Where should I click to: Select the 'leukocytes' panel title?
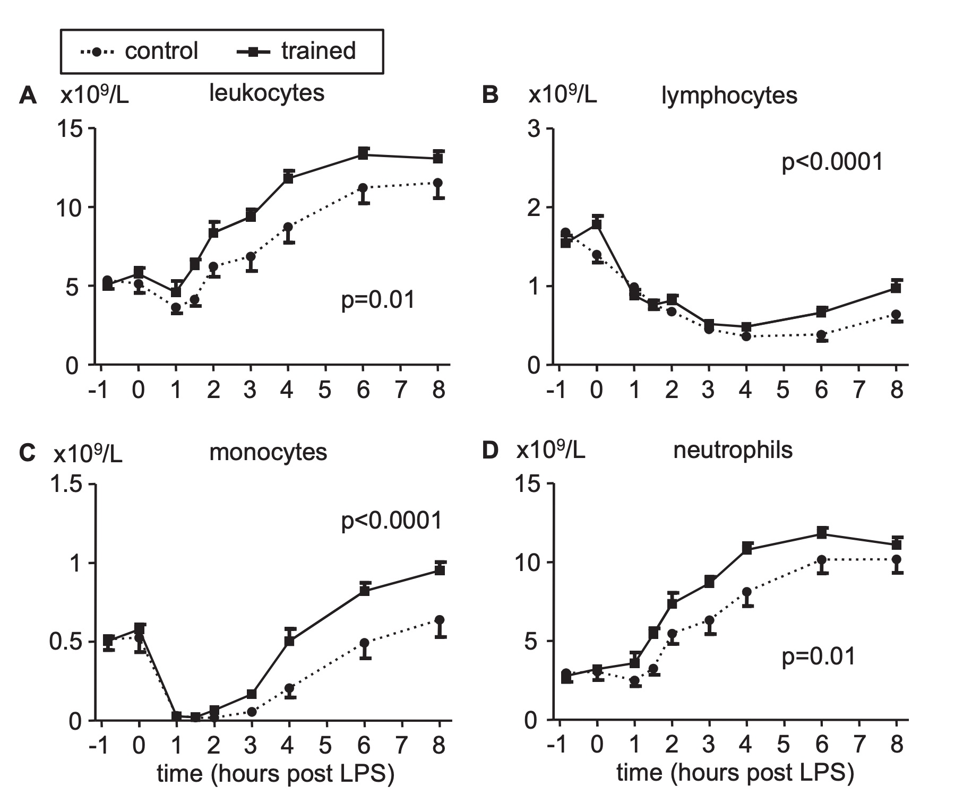coord(266,93)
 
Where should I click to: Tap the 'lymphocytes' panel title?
coord(729,96)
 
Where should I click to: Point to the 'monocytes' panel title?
coord(268,452)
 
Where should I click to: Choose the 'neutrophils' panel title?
coord(733,450)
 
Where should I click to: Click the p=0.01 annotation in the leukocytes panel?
coord(377,300)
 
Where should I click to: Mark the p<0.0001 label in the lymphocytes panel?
coord(832,161)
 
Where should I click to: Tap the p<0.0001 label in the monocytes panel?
coord(391,521)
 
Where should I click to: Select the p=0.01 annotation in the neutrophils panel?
coord(819,656)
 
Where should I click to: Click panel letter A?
coord(28,96)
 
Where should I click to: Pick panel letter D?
coord(490,451)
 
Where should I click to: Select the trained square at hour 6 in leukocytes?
coord(363,154)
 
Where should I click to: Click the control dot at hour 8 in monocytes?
coord(440,620)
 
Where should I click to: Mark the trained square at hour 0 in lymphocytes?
coord(597,223)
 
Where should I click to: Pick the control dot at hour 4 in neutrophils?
coord(747,592)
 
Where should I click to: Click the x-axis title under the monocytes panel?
coord(276,773)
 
